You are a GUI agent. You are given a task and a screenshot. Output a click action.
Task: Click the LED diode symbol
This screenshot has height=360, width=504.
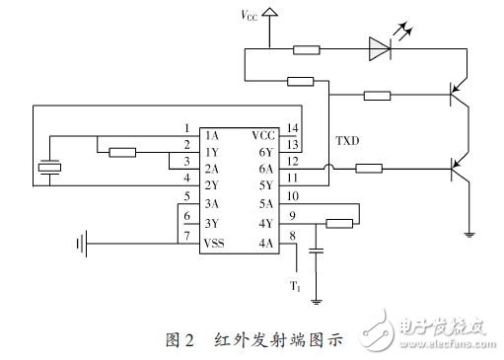[x=382, y=46]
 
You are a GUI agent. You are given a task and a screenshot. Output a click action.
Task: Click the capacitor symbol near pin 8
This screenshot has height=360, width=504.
[x=316, y=252]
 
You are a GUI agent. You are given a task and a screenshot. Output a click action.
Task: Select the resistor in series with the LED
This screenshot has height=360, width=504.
[x=306, y=47]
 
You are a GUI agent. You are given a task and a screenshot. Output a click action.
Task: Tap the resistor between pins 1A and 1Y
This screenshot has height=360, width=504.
[x=123, y=152]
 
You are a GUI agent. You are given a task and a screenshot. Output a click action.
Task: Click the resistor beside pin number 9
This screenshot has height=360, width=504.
[x=338, y=222]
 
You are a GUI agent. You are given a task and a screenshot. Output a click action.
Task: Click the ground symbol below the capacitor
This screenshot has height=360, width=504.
[x=316, y=300]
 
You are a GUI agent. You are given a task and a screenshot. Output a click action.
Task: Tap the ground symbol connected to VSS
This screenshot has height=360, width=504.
[x=83, y=241]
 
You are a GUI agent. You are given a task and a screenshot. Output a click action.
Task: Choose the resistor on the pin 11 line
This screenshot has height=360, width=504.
[x=368, y=168]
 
